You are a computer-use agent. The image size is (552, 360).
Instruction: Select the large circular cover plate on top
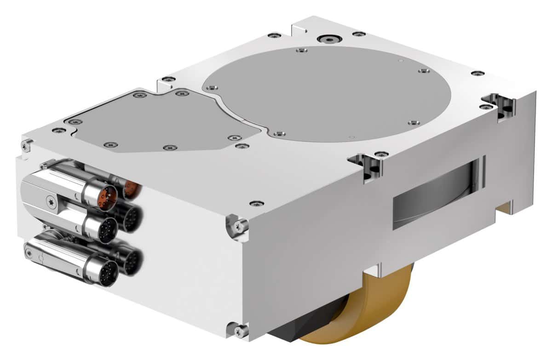tap(327, 94)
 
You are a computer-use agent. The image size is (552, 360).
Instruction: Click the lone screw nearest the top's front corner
tap(256, 203)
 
